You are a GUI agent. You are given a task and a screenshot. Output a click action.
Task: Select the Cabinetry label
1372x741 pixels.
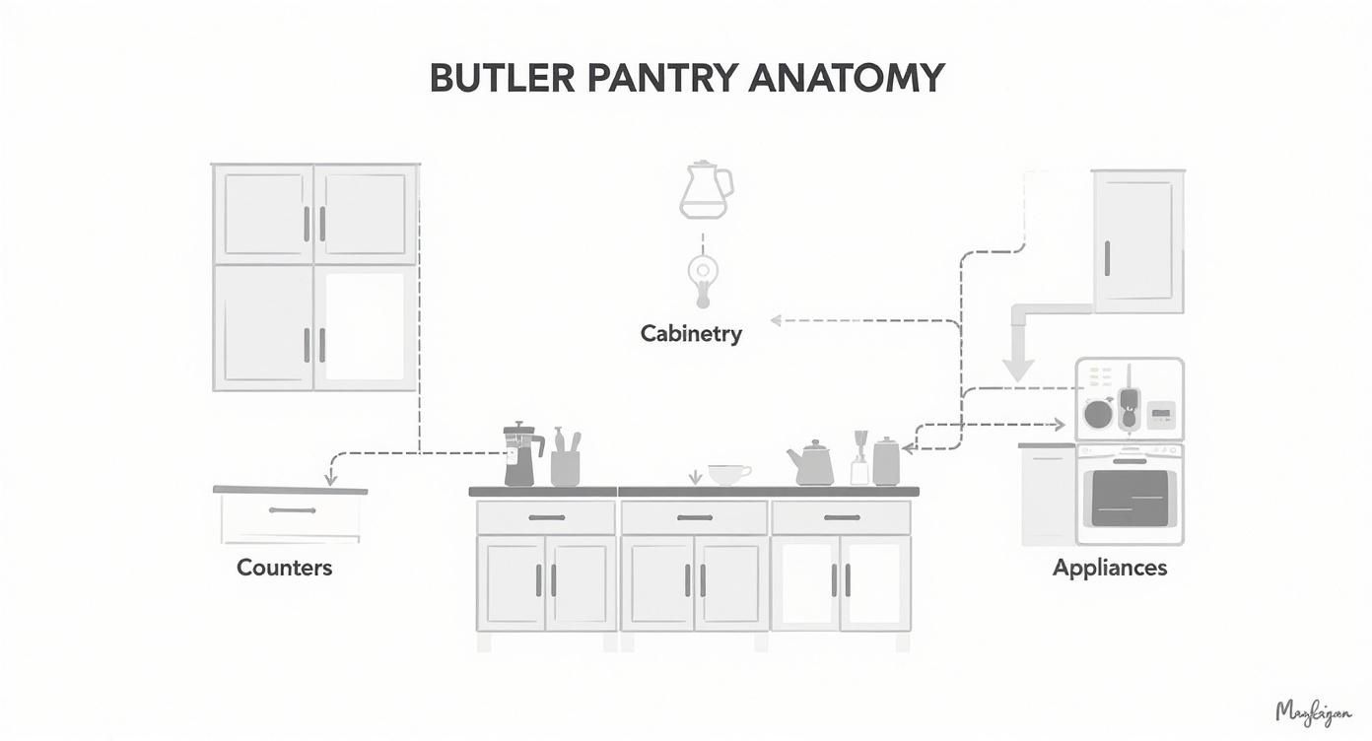point(691,334)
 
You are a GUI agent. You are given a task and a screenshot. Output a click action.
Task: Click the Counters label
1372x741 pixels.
point(285,568)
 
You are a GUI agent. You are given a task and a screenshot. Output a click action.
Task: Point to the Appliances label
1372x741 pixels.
point(1110,568)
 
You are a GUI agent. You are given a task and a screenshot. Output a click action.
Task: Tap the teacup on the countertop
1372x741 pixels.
point(727,474)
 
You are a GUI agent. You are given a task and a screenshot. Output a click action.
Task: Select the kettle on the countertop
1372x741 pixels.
point(811,464)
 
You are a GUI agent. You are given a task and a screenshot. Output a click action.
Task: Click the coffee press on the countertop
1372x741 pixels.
point(520,455)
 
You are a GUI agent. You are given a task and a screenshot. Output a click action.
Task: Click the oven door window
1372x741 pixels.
point(1130,498)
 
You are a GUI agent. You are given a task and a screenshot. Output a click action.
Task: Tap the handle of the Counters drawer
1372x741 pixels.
point(292,510)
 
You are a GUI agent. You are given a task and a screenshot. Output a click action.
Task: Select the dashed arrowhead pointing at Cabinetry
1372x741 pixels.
point(776,320)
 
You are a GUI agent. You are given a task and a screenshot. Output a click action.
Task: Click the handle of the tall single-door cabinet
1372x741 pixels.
point(1108,258)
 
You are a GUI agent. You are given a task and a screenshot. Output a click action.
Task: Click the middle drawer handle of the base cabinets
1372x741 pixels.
point(694,517)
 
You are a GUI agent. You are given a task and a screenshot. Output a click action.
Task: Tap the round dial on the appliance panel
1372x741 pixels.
point(1097,413)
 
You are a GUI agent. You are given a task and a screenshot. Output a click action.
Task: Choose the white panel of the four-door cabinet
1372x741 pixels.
point(365,326)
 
